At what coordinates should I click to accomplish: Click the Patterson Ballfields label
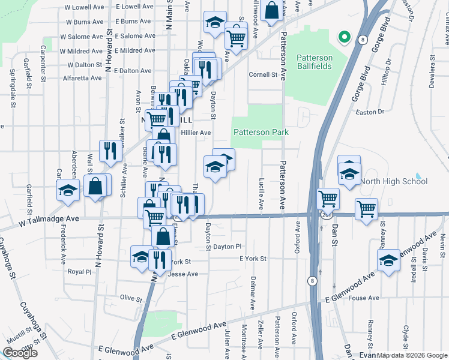tap(313, 62)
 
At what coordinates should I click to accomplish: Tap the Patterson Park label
tap(261, 132)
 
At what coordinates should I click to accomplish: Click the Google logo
tap(20, 353)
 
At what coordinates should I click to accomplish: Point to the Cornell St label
tap(264, 75)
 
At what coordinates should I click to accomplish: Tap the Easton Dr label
tap(369, 112)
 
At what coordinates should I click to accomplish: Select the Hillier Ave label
tap(196, 133)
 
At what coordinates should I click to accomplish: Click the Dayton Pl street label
tap(227, 246)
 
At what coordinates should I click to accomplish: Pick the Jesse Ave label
tap(183, 274)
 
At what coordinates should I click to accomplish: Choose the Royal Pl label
tap(79, 271)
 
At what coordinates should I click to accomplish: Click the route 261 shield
tap(325, 215)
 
